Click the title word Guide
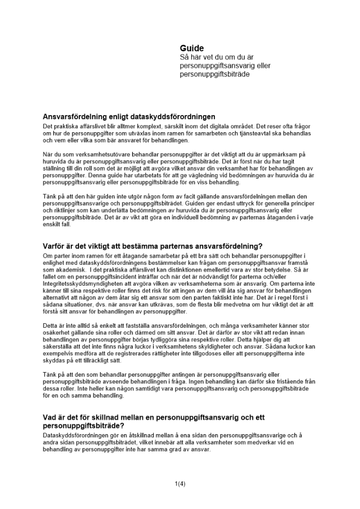point(192,49)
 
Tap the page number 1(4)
point(179,484)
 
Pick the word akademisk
point(67,272)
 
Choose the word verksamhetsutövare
point(99,154)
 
